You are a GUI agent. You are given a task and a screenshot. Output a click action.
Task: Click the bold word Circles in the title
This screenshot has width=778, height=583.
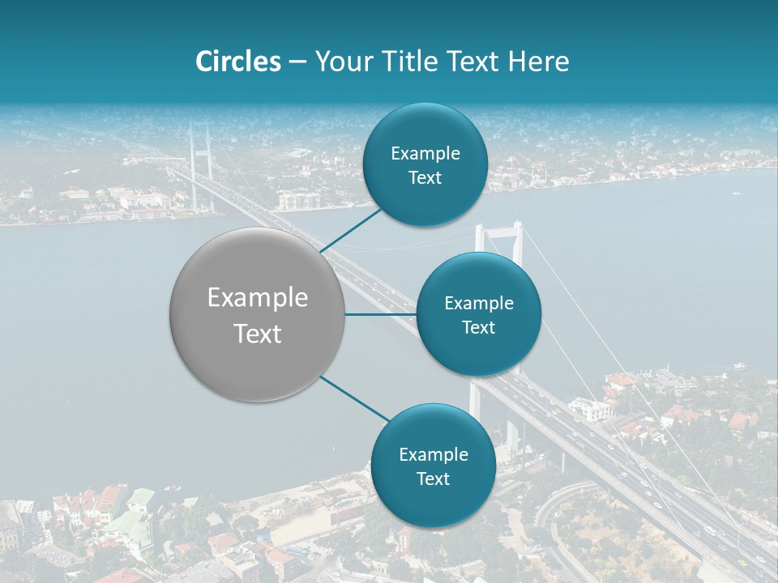click(x=237, y=62)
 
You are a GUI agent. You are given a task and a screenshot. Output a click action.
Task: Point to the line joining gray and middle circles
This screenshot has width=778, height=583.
click(x=380, y=314)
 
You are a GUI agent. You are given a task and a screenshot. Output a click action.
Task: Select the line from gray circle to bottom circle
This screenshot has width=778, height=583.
click(x=353, y=398)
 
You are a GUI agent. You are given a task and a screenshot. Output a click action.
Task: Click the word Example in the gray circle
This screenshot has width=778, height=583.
click(x=257, y=298)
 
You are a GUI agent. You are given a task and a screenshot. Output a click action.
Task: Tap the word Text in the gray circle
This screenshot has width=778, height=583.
click(x=257, y=334)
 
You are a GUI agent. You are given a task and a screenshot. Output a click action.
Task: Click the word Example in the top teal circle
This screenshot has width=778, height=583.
click(x=425, y=154)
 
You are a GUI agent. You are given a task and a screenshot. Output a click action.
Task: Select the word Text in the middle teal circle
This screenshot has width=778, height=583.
click(x=478, y=327)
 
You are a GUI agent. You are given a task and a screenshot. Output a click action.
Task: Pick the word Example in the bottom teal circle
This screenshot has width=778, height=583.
click(x=433, y=454)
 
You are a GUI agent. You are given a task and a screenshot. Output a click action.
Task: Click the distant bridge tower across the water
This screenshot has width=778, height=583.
click(x=199, y=154)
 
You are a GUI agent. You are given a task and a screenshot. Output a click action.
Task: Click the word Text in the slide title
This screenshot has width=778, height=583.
click(x=472, y=62)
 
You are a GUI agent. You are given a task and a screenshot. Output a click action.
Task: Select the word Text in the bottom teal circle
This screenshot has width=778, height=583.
click(x=433, y=479)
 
